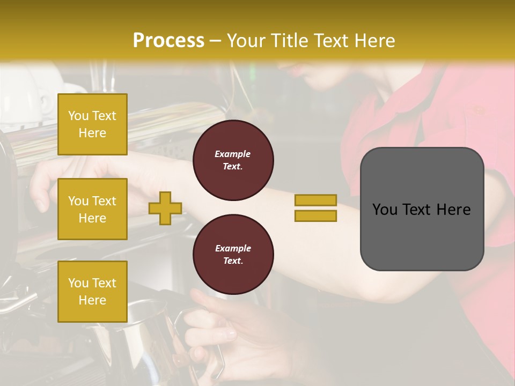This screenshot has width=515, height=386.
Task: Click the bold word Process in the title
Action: coord(168,40)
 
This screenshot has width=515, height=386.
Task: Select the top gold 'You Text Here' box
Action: coord(92,124)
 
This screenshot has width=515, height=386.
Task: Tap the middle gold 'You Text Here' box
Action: coord(92,209)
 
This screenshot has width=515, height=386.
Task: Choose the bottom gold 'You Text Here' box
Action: coord(92,291)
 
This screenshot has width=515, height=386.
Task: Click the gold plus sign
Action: coord(165,207)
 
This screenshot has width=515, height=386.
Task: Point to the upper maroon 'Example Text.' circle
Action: coord(233,160)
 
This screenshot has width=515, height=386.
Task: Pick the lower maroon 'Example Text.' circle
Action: coord(233,255)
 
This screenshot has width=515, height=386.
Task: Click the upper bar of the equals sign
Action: coord(316,200)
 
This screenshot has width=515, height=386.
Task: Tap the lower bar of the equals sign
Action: coord(316,216)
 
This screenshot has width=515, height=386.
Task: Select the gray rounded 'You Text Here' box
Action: coord(422,209)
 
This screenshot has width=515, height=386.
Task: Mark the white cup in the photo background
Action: coord(21,96)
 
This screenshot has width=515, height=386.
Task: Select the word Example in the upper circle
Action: coord(233,154)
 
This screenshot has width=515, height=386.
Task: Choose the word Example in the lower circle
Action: coord(233,248)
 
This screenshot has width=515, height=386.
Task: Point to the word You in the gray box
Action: coord(385,210)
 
